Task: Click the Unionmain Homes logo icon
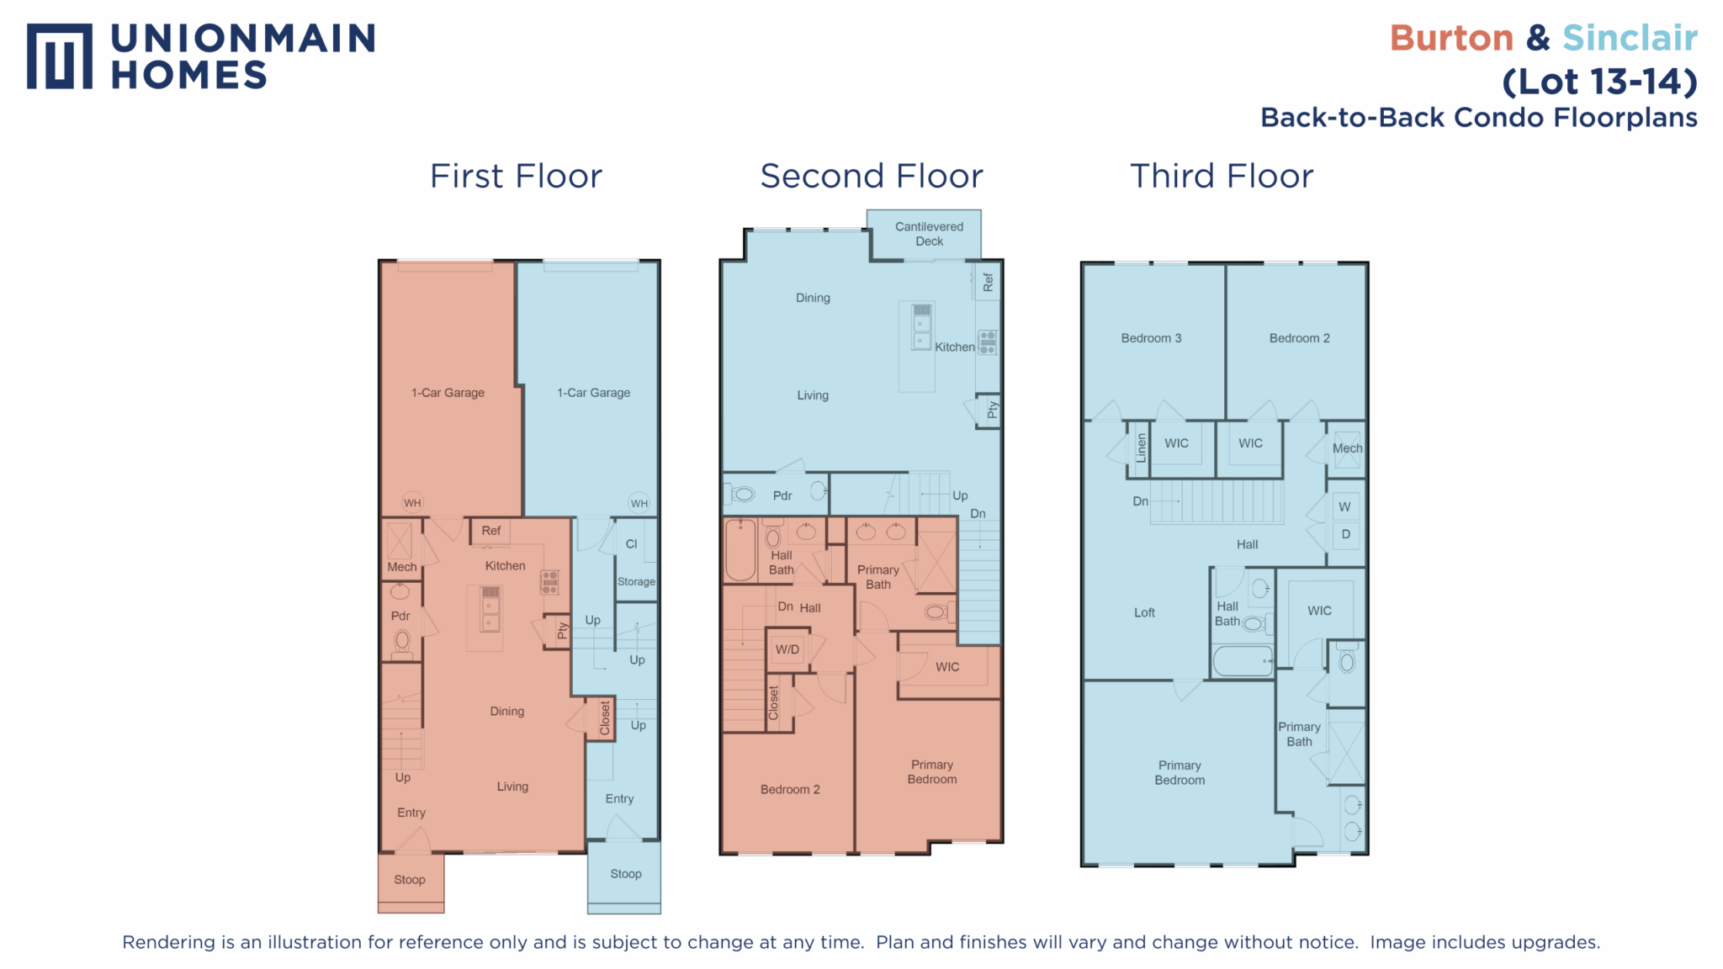59,56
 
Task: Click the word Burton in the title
1451,38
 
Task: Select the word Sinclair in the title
1630,38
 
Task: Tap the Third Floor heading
1221,176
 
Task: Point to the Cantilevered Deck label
929,234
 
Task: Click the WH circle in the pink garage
412,503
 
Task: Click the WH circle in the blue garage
639,503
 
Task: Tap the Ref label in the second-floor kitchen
988,282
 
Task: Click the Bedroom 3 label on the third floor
1151,338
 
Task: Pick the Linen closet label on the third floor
1141,447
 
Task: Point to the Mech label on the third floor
1347,448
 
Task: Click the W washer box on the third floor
1345,506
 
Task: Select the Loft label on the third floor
1144,612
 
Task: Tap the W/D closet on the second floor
788,650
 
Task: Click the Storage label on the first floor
636,581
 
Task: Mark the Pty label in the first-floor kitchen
563,631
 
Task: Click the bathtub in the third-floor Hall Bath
1243,661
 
